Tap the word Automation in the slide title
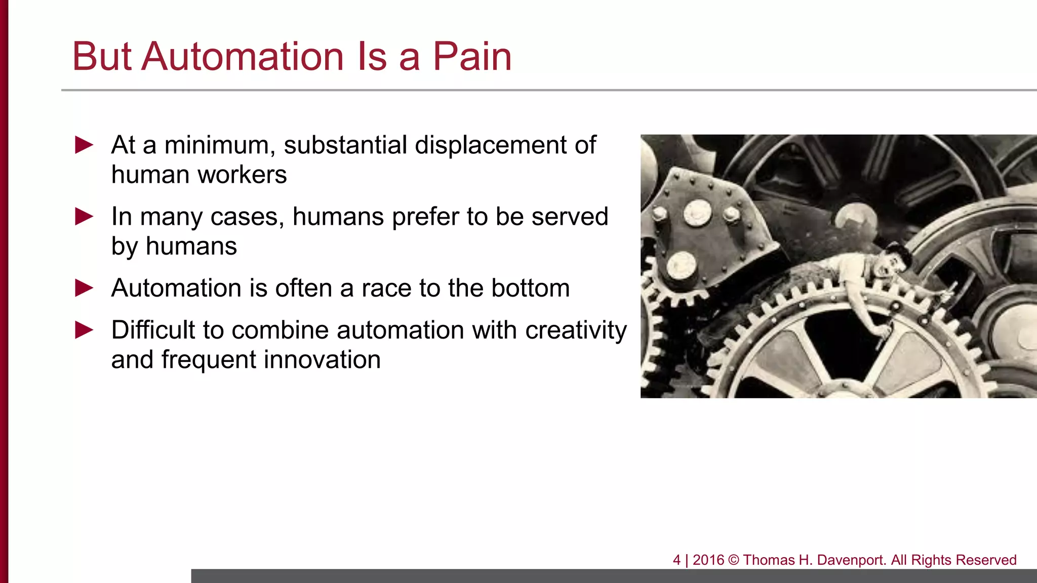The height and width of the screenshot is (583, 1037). [243, 56]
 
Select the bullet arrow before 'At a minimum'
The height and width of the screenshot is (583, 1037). [84, 145]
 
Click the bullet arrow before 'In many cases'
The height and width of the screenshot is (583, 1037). [84, 217]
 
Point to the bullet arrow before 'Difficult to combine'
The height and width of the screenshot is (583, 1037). [84, 330]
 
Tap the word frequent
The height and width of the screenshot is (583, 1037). [209, 360]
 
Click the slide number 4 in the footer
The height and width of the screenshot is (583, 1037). [676, 560]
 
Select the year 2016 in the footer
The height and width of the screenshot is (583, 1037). [708, 560]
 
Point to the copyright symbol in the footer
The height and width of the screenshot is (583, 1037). [734, 560]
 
